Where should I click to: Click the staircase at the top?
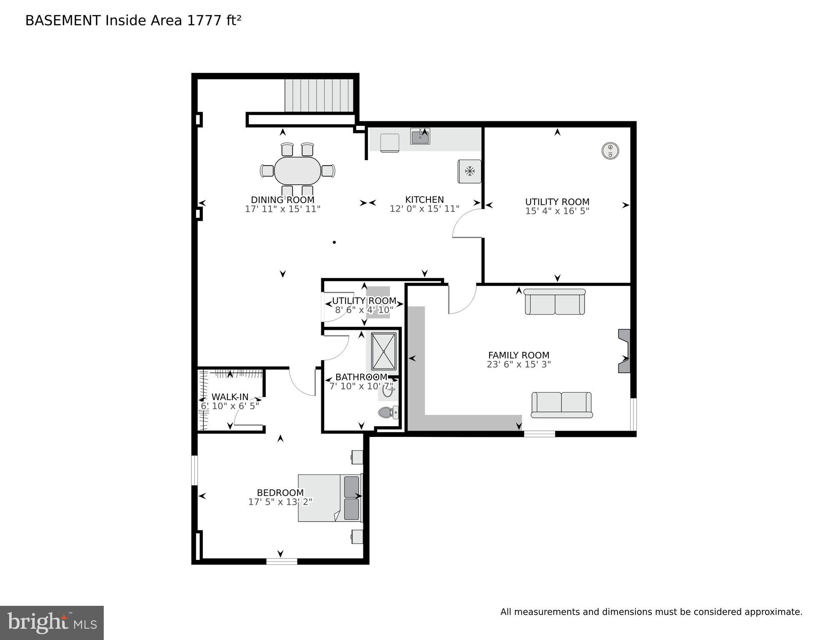[319, 95]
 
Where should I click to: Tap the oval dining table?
[298, 171]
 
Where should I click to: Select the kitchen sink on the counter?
[420, 136]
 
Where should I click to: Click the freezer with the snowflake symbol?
[470, 171]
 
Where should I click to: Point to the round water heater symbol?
[610, 151]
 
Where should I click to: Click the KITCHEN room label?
[424, 200]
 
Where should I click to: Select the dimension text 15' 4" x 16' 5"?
[557, 211]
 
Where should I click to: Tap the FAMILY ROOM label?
[518, 355]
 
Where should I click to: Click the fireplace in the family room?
[624, 351]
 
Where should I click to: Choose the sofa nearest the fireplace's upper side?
[555, 302]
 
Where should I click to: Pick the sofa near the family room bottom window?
[561, 404]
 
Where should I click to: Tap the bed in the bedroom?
[329, 498]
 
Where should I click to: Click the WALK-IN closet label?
[230, 397]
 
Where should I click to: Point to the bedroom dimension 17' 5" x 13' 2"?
[280, 502]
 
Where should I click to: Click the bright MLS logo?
[52, 623]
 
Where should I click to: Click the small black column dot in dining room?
[334, 242]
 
